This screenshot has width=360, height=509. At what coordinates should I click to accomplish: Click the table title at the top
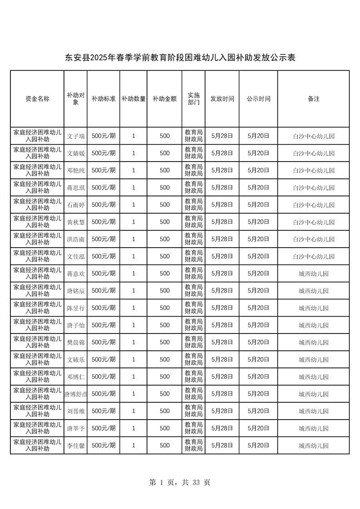coord(180,58)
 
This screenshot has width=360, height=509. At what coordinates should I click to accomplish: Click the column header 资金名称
coord(37,98)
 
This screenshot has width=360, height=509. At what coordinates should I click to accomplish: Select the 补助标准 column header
coord(104,98)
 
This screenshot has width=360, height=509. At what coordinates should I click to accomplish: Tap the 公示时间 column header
coord(258,98)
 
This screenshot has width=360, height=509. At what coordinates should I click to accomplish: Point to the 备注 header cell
coord(313,98)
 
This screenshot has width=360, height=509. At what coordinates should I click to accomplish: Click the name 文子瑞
coord(76,136)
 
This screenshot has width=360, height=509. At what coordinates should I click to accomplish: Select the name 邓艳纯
coord(76,171)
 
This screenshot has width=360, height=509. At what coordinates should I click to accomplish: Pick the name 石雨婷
coord(76,205)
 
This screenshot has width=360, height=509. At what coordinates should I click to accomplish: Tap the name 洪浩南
coord(76,239)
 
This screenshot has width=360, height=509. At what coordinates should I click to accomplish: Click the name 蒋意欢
coord(76,274)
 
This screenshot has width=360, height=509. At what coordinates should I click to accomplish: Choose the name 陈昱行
coord(76,308)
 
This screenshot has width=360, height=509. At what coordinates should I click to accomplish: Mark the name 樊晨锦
coord(76,342)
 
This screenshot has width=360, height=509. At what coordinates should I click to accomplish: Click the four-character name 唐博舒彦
coord(76,394)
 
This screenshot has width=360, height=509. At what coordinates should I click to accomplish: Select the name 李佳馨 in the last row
coord(76,445)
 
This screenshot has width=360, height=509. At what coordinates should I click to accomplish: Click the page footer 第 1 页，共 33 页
coord(180,482)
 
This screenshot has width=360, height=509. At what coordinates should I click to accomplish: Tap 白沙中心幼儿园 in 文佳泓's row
coord(313,256)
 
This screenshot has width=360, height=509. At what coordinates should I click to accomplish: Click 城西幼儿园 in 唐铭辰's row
coord(313,291)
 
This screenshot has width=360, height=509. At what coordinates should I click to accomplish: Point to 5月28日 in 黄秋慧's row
coord(222,222)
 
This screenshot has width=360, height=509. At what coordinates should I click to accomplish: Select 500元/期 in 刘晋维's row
coord(104,411)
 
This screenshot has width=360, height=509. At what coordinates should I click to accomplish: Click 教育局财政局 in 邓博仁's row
coord(193,377)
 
